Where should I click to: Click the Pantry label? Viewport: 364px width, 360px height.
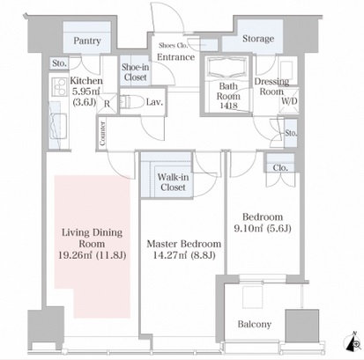click(87, 40)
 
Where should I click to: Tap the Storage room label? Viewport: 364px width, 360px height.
click(258, 39)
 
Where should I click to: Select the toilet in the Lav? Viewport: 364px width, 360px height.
click(130, 101)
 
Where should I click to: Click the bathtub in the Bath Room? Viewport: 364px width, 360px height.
click(228, 68)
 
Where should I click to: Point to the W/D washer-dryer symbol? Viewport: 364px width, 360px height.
click(289, 100)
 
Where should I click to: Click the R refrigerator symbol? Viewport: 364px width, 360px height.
click(107, 103)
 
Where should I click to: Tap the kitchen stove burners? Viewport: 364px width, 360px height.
click(59, 86)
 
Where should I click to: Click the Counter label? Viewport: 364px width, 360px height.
click(102, 134)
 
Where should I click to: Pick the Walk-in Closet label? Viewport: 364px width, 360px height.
click(173, 182)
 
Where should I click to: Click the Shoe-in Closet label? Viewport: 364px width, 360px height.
click(135, 72)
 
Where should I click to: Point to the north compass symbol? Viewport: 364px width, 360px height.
click(353, 342)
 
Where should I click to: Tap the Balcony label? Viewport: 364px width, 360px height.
click(255, 324)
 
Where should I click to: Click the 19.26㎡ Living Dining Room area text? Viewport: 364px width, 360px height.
click(93, 255)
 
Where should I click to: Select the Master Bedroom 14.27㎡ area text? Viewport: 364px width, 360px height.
click(184, 255)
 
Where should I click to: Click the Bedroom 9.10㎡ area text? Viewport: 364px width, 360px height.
click(263, 228)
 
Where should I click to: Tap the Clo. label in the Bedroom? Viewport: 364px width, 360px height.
click(280, 168)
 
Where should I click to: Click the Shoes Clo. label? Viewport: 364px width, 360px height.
click(173, 46)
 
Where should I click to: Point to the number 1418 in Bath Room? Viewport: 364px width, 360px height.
click(228, 106)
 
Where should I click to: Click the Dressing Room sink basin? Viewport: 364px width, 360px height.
click(286, 70)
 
